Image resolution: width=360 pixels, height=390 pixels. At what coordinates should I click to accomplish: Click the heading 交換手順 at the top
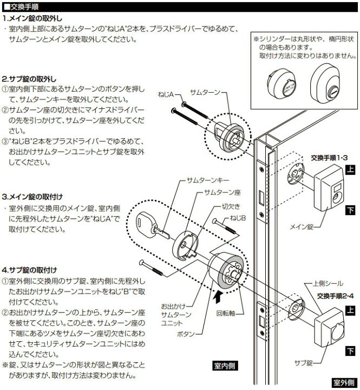click(x=22, y=5)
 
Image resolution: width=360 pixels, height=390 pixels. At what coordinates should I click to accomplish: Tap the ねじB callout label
click(x=238, y=217)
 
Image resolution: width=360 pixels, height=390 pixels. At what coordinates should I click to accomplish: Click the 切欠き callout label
click(x=230, y=206)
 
